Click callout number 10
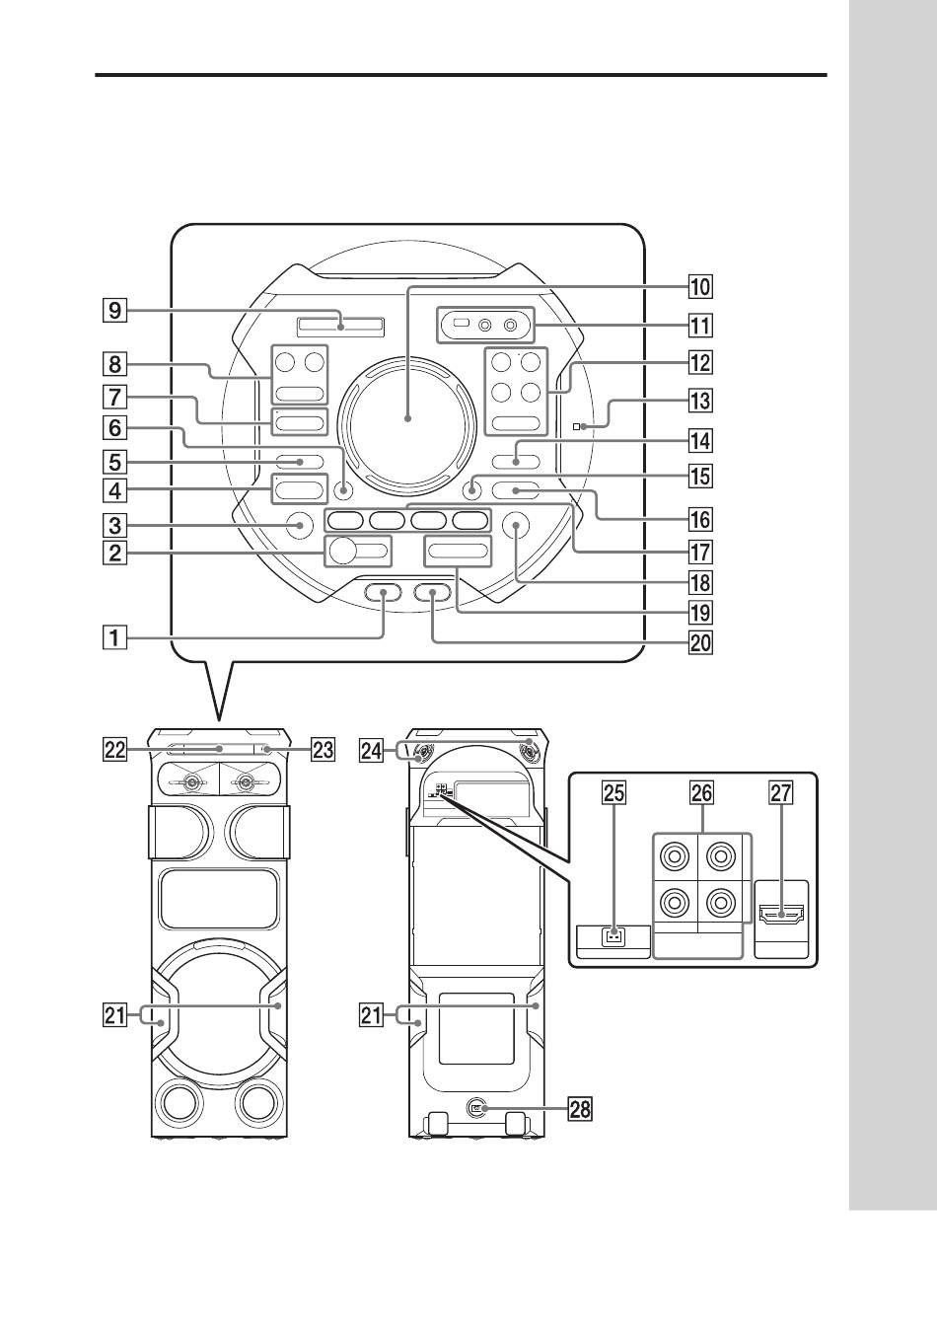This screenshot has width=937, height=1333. point(699,287)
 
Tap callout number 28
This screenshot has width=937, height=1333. point(580,1109)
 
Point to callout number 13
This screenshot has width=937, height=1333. point(699,402)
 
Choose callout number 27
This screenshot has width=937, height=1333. point(780,792)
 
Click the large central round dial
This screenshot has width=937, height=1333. point(405,417)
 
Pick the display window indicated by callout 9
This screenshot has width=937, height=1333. point(338,324)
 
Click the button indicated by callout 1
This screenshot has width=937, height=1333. point(383,593)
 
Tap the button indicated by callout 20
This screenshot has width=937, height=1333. point(432,593)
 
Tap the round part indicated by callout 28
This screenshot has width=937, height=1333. point(478,1108)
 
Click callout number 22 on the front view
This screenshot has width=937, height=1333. point(116,750)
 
